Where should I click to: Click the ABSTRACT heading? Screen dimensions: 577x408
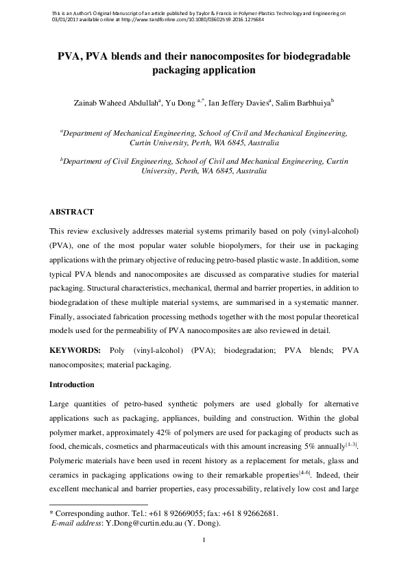[x=72, y=212]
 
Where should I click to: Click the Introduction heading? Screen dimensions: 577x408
[x=77, y=384]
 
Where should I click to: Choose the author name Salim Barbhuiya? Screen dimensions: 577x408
[x=305, y=103]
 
